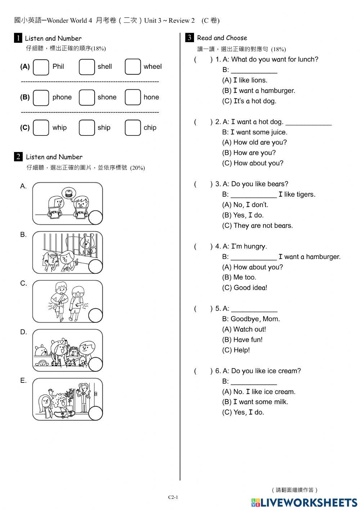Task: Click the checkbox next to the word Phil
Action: (x=41, y=67)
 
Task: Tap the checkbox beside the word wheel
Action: (x=132, y=67)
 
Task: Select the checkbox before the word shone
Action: (x=86, y=97)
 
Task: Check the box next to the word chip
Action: (x=132, y=128)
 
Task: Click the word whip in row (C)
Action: (x=59, y=127)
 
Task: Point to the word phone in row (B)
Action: (x=62, y=97)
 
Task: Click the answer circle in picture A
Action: (x=95, y=218)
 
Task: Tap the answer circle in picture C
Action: (x=95, y=316)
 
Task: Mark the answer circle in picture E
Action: (x=95, y=413)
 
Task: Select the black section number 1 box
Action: (x=18, y=38)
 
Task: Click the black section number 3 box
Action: (x=189, y=37)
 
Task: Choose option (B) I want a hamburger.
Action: (x=258, y=91)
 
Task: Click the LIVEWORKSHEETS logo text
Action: (x=308, y=502)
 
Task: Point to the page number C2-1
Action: (x=173, y=497)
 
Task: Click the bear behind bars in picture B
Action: (x=87, y=243)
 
